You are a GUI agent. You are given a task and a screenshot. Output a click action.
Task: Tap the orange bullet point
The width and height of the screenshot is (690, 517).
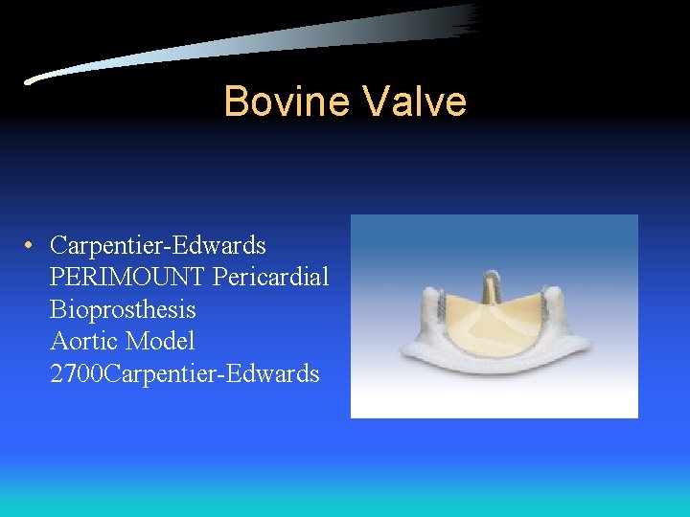coord(32,245)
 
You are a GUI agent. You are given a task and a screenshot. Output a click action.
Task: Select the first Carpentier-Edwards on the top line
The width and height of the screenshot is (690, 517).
coord(158,245)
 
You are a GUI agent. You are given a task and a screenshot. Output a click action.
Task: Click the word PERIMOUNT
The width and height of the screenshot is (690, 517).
coord(127,278)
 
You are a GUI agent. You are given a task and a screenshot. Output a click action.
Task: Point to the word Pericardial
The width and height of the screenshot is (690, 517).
coord(271,278)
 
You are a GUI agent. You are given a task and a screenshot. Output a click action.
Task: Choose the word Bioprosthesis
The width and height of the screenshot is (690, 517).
coord(123,309)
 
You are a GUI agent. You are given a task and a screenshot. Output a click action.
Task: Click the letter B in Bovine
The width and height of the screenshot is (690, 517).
coord(235,101)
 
